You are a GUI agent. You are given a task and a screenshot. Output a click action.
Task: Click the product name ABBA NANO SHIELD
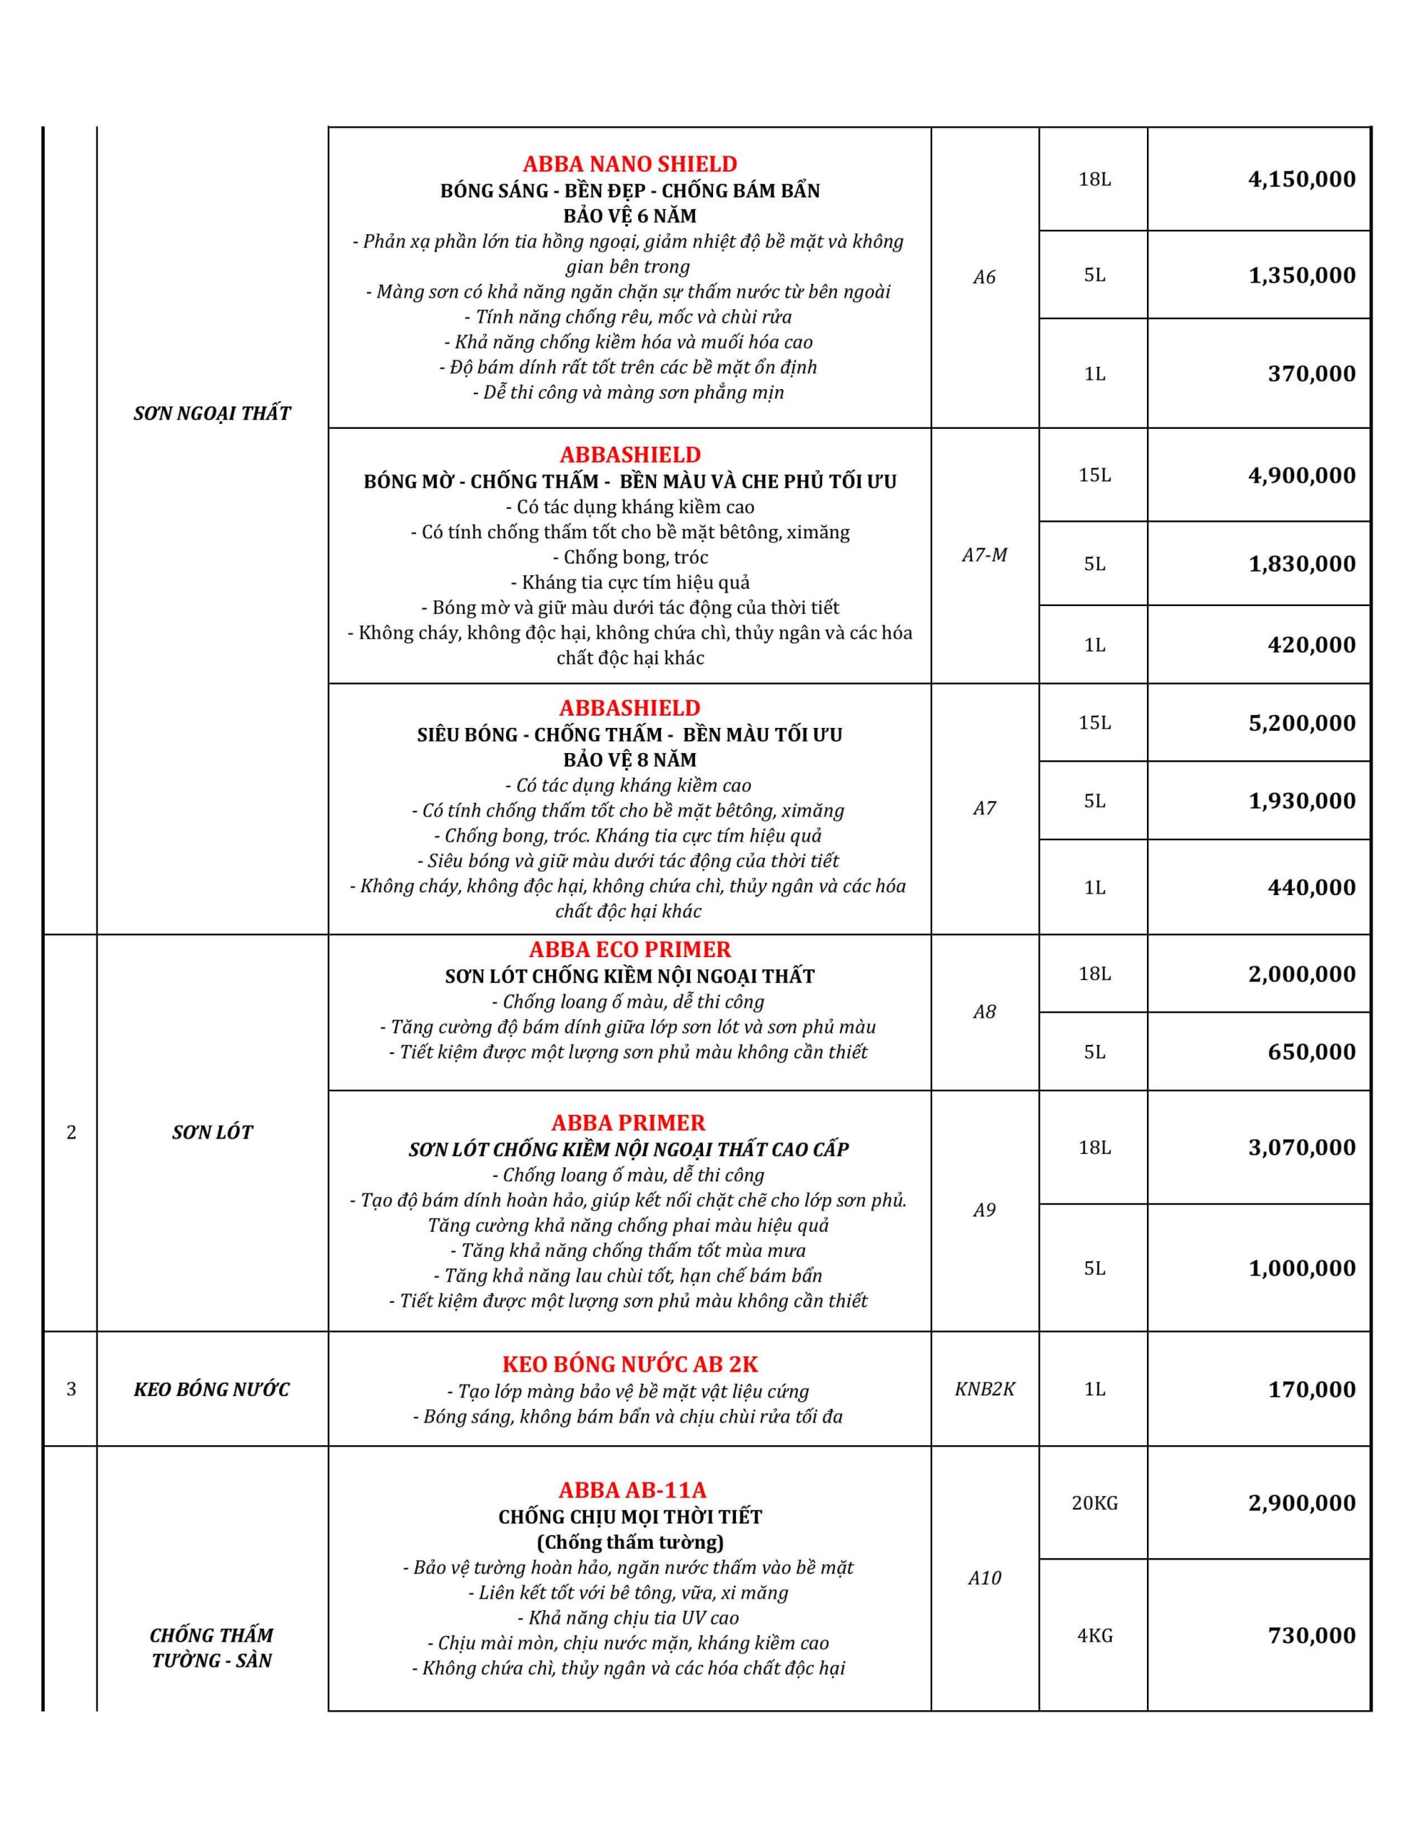(630, 164)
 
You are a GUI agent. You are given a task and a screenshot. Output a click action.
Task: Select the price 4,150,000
(1302, 179)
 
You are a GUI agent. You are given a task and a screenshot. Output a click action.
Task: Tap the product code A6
(984, 277)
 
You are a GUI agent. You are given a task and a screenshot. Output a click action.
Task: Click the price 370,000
(1311, 373)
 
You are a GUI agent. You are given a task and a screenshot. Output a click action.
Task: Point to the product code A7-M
(984, 555)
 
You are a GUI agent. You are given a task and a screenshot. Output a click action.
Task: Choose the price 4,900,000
(1302, 475)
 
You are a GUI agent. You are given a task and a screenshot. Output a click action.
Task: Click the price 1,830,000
(1302, 564)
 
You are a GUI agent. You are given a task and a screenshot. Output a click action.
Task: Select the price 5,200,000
(1302, 723)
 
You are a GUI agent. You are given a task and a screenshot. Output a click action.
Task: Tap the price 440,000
(1311, 887)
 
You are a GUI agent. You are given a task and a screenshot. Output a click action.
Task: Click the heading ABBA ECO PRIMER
(630, 950)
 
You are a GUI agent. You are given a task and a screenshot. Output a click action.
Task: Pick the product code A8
(984, 1011)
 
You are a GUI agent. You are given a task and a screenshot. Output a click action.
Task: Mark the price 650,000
(1311, 1052)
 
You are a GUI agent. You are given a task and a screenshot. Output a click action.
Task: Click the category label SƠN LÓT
(212, 1132)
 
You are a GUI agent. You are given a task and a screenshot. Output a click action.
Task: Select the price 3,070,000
(1302, 1147)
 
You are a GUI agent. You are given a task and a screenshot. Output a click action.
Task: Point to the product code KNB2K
(984, 1389)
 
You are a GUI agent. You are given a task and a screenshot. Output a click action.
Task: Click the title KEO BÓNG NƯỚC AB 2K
(630, 1364)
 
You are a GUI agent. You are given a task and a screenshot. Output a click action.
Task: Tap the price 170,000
(1311, 1390)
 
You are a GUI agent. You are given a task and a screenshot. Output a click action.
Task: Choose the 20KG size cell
(1094, 1503)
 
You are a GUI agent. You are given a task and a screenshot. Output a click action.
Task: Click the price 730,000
(1311, 1635)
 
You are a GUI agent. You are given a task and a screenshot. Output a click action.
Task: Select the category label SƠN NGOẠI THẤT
(212, 413)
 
